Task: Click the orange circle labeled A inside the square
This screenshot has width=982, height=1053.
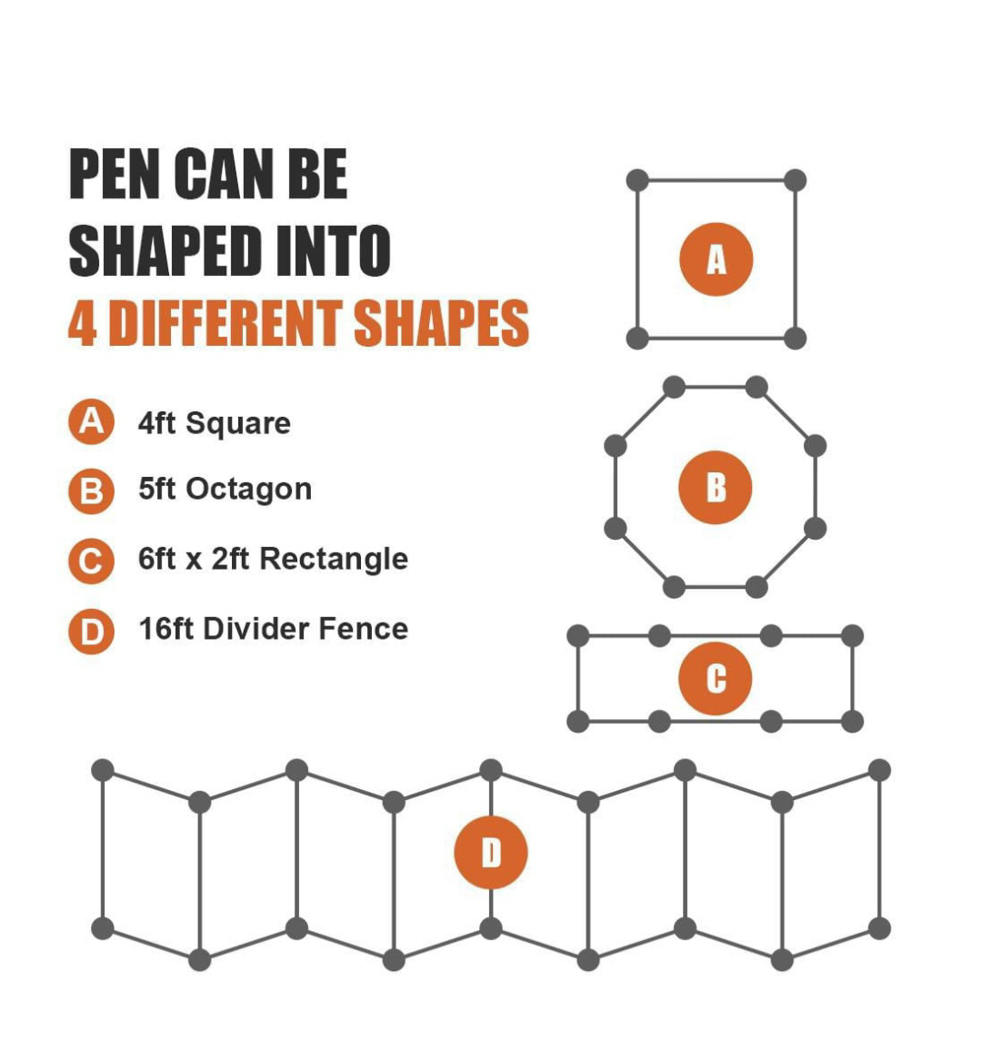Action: pos(716,259)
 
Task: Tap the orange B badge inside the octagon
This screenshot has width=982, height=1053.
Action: pos(715,487)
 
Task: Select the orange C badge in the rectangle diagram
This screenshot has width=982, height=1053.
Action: pos(715,678)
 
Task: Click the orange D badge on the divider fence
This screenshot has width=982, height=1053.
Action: pos(491,852)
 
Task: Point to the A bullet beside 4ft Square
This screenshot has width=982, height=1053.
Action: pos(91,421)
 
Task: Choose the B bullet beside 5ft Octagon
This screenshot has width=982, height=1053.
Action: pos(91,491)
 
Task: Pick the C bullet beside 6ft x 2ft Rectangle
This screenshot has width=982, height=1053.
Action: pos(91,561)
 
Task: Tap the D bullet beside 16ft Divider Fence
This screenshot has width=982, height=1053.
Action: pos(91,632)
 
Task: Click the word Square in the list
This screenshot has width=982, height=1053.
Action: pos(238,424)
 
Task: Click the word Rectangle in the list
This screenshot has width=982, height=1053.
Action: pos(334,559)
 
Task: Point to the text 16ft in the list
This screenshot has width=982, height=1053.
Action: pos(165,629)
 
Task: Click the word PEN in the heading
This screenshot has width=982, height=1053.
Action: pos(114,174)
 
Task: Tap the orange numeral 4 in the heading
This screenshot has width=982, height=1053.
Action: pos(83,323)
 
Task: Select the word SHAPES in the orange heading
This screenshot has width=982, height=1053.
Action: pos(441,323)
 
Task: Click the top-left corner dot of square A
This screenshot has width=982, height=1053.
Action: pos(637,180)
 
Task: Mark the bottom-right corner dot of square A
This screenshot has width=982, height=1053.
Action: pos(795,338)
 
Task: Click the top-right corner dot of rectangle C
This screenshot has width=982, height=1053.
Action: pos(852,635)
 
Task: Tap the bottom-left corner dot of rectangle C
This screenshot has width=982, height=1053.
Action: pos(578,721)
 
